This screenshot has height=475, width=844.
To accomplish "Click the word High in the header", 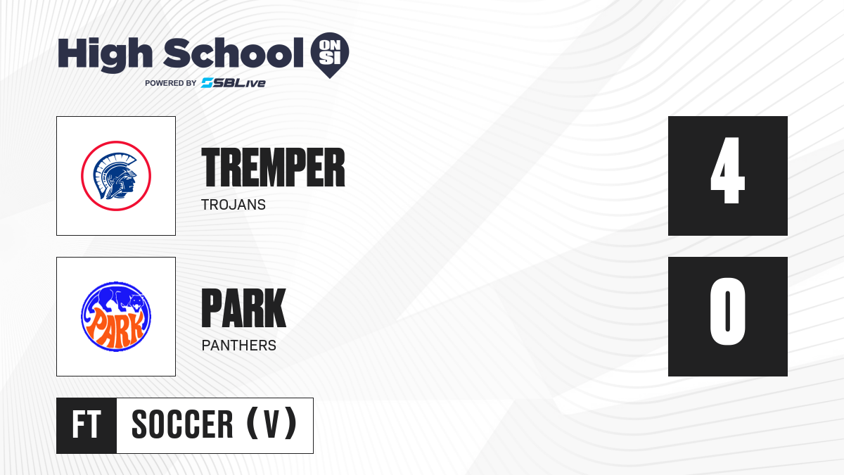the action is pos(105,55).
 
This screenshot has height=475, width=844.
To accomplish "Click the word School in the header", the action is pos(234,53).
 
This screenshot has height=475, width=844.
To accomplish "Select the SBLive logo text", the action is pos(234,83).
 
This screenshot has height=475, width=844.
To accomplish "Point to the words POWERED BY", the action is pos(171,83).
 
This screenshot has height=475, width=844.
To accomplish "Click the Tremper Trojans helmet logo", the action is pos(116,176).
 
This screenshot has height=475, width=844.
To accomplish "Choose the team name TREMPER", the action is pos(273,167).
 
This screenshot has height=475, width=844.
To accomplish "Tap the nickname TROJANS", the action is pos(234,205).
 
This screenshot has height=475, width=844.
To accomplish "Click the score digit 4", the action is pos(727,170).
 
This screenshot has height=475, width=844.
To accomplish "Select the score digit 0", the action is pos(727,311).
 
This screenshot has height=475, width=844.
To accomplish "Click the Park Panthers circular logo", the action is pos(116,317).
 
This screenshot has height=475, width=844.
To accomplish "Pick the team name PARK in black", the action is pos(244,308).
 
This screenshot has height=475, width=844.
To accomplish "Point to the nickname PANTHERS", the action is pos(239,346).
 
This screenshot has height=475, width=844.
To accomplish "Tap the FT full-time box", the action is pos(87,426).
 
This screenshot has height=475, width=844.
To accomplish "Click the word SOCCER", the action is pos(182,424).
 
